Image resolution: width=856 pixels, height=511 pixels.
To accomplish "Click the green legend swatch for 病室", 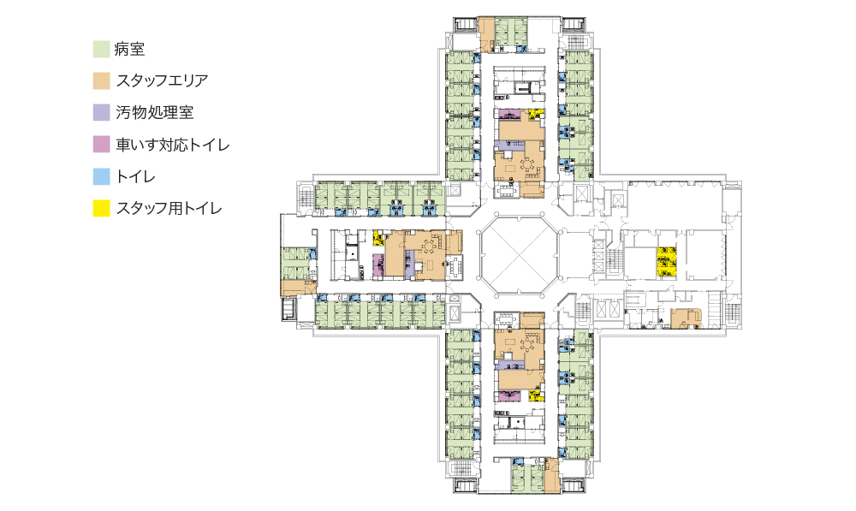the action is tap(101, 49).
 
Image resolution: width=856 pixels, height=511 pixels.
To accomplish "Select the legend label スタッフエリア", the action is tap(162, 80).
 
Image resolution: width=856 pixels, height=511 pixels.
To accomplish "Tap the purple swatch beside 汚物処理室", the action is tap(101, 112).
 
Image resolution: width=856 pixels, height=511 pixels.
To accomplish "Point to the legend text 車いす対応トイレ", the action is tap(173, 145).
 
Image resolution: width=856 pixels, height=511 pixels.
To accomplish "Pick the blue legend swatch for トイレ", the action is tap(101, 176).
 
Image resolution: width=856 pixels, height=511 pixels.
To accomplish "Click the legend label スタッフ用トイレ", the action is tap(169, 208).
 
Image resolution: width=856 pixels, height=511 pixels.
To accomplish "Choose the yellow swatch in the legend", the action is tap(101, 208).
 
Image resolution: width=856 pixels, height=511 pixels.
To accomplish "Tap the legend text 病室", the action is tap(130, 49).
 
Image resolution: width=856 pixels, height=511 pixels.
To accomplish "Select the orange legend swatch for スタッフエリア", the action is tap(101, 80).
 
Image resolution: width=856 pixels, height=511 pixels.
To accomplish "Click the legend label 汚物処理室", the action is tap(155, 112).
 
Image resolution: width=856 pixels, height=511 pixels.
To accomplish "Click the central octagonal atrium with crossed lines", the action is tap(520, 255).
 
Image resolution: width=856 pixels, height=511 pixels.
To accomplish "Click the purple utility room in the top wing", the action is tap(510, 146).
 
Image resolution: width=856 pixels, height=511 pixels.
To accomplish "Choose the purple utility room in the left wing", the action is tap(409, 264).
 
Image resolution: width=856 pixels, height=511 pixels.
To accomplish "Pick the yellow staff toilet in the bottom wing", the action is tap(537, 395).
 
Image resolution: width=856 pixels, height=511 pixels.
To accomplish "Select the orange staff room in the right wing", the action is tap(686, 318).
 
